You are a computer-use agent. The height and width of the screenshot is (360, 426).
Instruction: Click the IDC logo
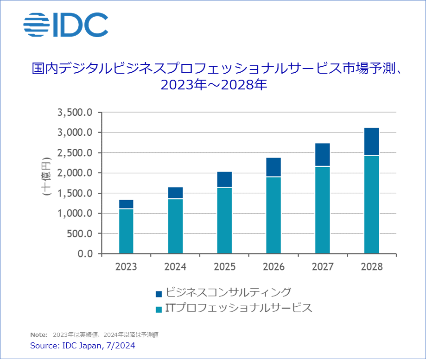pyautogui.click(x=65, y=25)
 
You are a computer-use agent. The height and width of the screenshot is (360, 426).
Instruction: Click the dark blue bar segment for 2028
pyautogui.click(x=371, y=141)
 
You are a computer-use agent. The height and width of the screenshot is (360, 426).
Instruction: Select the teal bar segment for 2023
pyautogui.click(x=126, y=231)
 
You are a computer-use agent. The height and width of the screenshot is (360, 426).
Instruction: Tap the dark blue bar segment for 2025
pyautogui.click(x=224, y=179)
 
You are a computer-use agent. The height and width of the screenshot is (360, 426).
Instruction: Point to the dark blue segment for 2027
pyautogui.click(x=322, y=155)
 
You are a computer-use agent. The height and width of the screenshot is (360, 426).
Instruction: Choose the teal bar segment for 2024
pyautogui.click(x=175, y=226)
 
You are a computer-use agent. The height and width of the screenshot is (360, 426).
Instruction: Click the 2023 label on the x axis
pyautogui.click(x=126, y=267)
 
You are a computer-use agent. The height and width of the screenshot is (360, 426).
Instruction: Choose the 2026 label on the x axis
pyautogui.click(x=273, y=267)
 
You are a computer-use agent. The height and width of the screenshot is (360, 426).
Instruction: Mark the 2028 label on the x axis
pyautogui.click(x=371, y=267)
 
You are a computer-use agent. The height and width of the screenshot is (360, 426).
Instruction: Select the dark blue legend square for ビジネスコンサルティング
pyautogui.click(x=159, y=294)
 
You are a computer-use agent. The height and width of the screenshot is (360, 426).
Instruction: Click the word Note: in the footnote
pyautogui.click(x=38, y=335)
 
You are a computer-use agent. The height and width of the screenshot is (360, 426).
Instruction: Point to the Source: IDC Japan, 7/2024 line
pyautogui.click(x=83, y=346)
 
